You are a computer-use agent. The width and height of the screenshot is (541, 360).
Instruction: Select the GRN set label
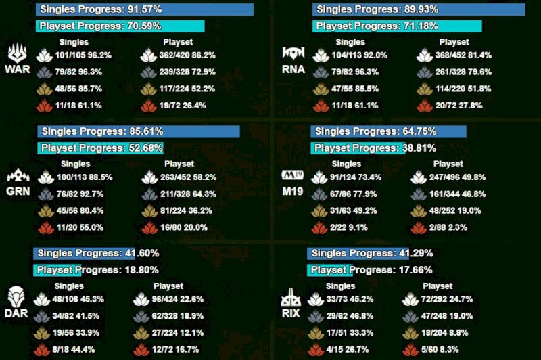tap(18, 191)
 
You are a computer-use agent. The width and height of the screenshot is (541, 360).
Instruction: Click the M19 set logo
tap(291, 176)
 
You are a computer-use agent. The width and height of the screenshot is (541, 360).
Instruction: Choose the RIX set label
tap(291, 313)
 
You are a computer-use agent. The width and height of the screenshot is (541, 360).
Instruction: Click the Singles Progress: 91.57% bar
tap(145, 9)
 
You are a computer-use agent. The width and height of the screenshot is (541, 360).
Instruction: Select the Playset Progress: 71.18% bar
tap(397, 26)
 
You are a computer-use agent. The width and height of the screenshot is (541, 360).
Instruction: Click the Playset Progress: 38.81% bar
tap(358, 148)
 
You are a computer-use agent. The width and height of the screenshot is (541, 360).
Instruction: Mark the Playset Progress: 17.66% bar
tap(331, 270)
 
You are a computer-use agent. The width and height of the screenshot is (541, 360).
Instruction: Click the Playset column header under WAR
tap(179, 42)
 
